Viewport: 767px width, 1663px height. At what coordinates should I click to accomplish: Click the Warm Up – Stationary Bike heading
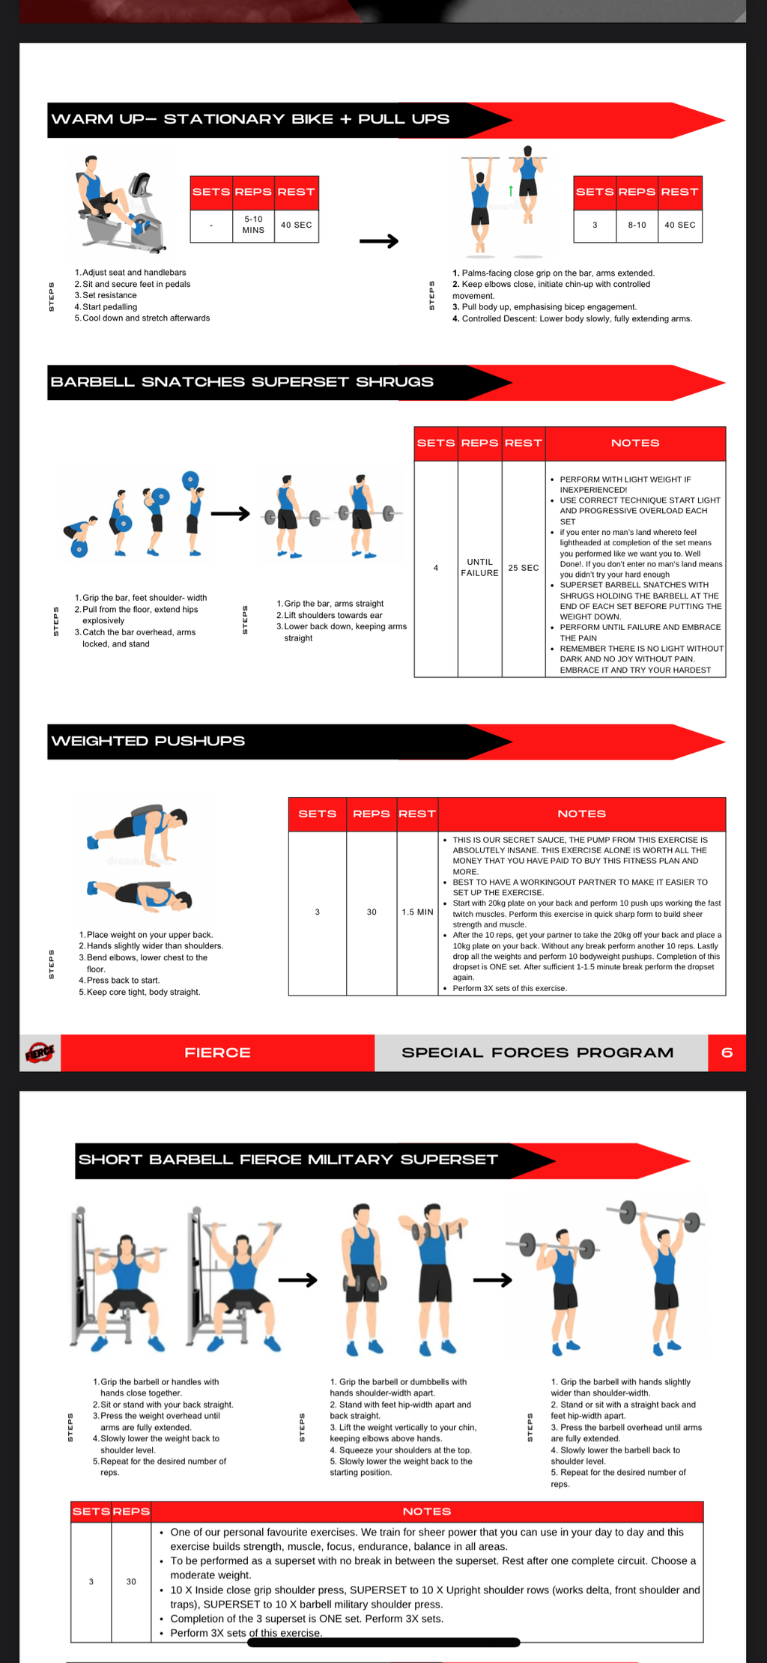tap(250, 119)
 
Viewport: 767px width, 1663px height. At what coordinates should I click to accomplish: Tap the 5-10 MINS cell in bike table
tap(253, 225)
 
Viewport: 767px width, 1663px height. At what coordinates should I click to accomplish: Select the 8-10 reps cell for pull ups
tap(637, 225)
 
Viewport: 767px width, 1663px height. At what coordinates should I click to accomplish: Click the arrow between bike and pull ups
tap(379, 241)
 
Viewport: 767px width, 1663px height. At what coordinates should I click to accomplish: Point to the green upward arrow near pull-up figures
tap(510, 190)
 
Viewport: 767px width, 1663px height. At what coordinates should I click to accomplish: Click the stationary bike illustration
tap(120, 202)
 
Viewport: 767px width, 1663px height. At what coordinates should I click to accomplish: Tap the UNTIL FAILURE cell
tap(479, 567)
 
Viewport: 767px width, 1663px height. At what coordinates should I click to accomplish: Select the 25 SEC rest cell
tap(523, 568)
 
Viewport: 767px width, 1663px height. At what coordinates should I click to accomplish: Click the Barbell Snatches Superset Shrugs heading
tap(242, 382)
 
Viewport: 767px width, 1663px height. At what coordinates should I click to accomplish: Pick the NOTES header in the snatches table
tap(634, 443)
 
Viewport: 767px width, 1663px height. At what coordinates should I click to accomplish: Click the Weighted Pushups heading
tap(148, 741)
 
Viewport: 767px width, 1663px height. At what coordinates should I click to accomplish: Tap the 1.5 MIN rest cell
tap(417, 912)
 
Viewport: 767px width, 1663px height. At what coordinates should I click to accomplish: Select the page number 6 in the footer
tap(726, 1052)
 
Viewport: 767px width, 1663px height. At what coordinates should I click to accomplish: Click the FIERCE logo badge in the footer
tap(40, 1052)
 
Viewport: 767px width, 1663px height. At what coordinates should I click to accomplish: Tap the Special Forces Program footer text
tap(537, 1052)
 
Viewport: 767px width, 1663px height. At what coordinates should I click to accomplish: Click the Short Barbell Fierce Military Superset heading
tap(288, 1160)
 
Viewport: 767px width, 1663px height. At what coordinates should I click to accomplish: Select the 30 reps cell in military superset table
tap(131, 1581)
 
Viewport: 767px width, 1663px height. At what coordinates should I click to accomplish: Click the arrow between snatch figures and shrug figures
tap(230, 514)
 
